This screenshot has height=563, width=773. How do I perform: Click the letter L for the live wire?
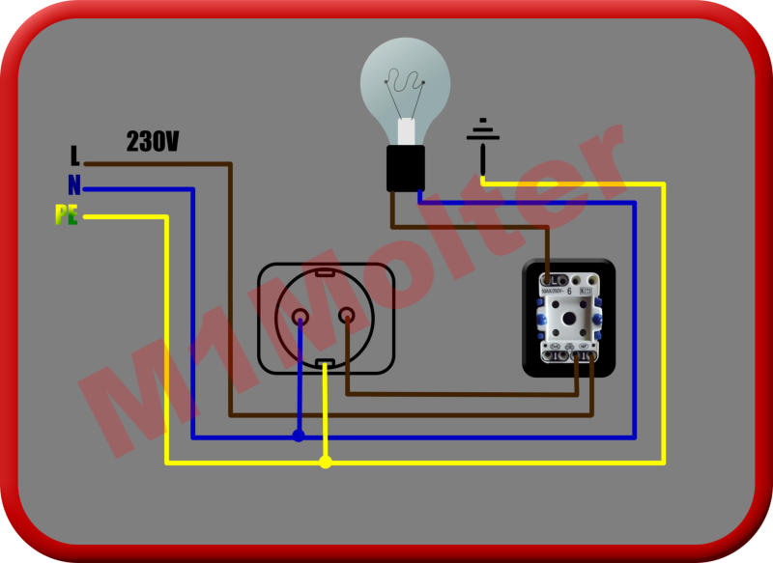click(74, 155)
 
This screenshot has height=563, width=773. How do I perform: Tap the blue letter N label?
click(73, 185)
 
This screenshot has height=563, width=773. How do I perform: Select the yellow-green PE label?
click(66, 215)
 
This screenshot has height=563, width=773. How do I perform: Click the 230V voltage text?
click(153, 142)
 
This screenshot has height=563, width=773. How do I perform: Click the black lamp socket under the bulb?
click(406, 168)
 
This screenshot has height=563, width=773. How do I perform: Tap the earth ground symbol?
click(483, 135)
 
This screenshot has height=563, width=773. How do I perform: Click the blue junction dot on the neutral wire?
click(299, 436)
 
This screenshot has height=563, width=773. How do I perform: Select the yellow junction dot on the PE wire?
click(326, 463)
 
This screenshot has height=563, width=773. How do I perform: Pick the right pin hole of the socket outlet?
click(346, 315)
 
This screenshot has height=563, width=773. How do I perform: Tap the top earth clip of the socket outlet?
click(325, 272)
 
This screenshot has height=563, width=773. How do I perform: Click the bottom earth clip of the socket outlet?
click(325, 363)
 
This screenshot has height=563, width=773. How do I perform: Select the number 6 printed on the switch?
click(569, 291)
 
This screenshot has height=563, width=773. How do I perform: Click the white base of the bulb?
click(407, 132)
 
